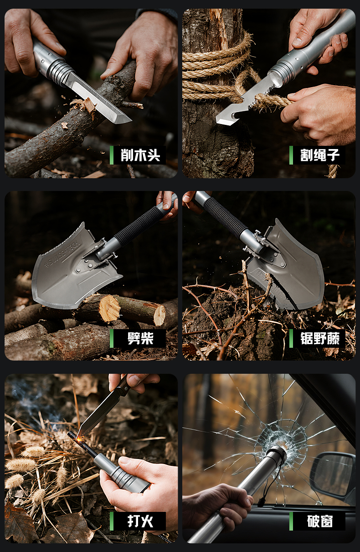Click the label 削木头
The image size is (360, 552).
click(140, 155)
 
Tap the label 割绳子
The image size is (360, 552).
click(320, 155)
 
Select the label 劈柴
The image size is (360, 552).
click(140, 338)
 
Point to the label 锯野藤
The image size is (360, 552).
click(320, 338)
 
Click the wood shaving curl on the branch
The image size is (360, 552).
click(84, 105)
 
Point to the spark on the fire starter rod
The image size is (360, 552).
click(79, 438)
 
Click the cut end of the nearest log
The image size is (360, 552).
click(109, 308)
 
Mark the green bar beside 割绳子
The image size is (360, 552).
click(291, 155)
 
